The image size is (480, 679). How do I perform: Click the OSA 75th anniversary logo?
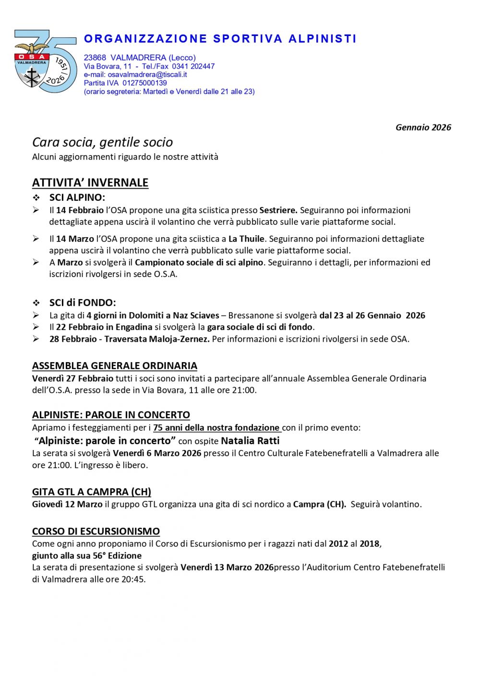tap(45, 61)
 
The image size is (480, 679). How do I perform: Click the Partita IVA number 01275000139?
tap(144, 83)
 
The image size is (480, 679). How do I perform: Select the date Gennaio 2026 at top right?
tap(423, 127)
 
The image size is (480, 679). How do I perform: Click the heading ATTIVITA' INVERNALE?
tap(90, 183)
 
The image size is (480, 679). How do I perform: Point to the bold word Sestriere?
tap(278, 210)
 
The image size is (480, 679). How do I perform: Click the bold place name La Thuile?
tap(246, 239)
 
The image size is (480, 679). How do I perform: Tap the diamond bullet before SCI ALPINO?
tap(36, 198)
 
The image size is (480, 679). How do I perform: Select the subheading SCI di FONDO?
tap(83, 303)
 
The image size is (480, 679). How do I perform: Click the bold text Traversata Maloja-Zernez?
tap(157, 339)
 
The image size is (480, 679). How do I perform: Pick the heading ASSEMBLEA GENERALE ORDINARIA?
tap(115, 366)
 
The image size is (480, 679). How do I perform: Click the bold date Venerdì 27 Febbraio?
tap(73, 378)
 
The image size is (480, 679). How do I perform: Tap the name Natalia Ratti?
tap(250, 441)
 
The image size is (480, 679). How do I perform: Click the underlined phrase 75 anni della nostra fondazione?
tap(216, 428)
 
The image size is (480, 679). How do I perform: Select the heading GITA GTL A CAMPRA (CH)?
tap(92, 492)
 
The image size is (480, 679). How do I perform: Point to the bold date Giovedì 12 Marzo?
tap(67, 504)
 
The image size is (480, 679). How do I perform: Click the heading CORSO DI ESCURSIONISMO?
tap(96, 531)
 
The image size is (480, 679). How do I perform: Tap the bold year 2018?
tap(370, 544)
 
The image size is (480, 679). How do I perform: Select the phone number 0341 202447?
tap(193, 66)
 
